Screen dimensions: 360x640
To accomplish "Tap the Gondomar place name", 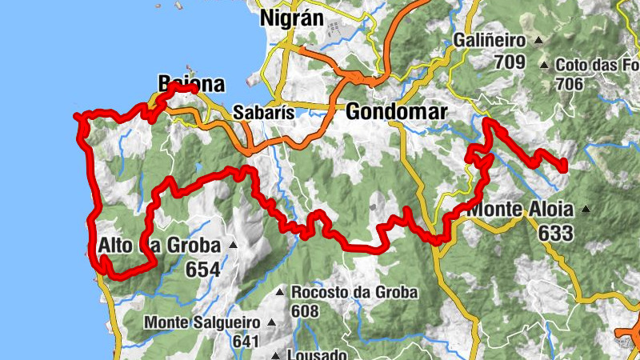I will [x=396, y=113].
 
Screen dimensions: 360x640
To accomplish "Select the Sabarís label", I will [x=259, y=113].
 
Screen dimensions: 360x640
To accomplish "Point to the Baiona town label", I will [x=191, y=84].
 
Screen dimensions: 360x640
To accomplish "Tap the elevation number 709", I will [x=509, y=62].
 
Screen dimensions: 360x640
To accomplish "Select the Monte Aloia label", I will [x=521, y=210].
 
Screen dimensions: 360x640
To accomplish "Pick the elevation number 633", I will [x=556, y=233].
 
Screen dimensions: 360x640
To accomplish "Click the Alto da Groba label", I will [x=157, y=246].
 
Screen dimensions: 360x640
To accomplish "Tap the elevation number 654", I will [x=202, y=270].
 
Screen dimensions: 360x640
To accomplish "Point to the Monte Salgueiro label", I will [x=202, y=322].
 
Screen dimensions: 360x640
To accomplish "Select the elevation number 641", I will [x=247, y=342].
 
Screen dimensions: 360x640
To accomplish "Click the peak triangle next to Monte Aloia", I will [x=586, y=210].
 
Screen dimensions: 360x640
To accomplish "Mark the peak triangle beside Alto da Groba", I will [x=233, y=245].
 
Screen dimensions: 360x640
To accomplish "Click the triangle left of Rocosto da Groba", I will [x=279, y=293].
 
